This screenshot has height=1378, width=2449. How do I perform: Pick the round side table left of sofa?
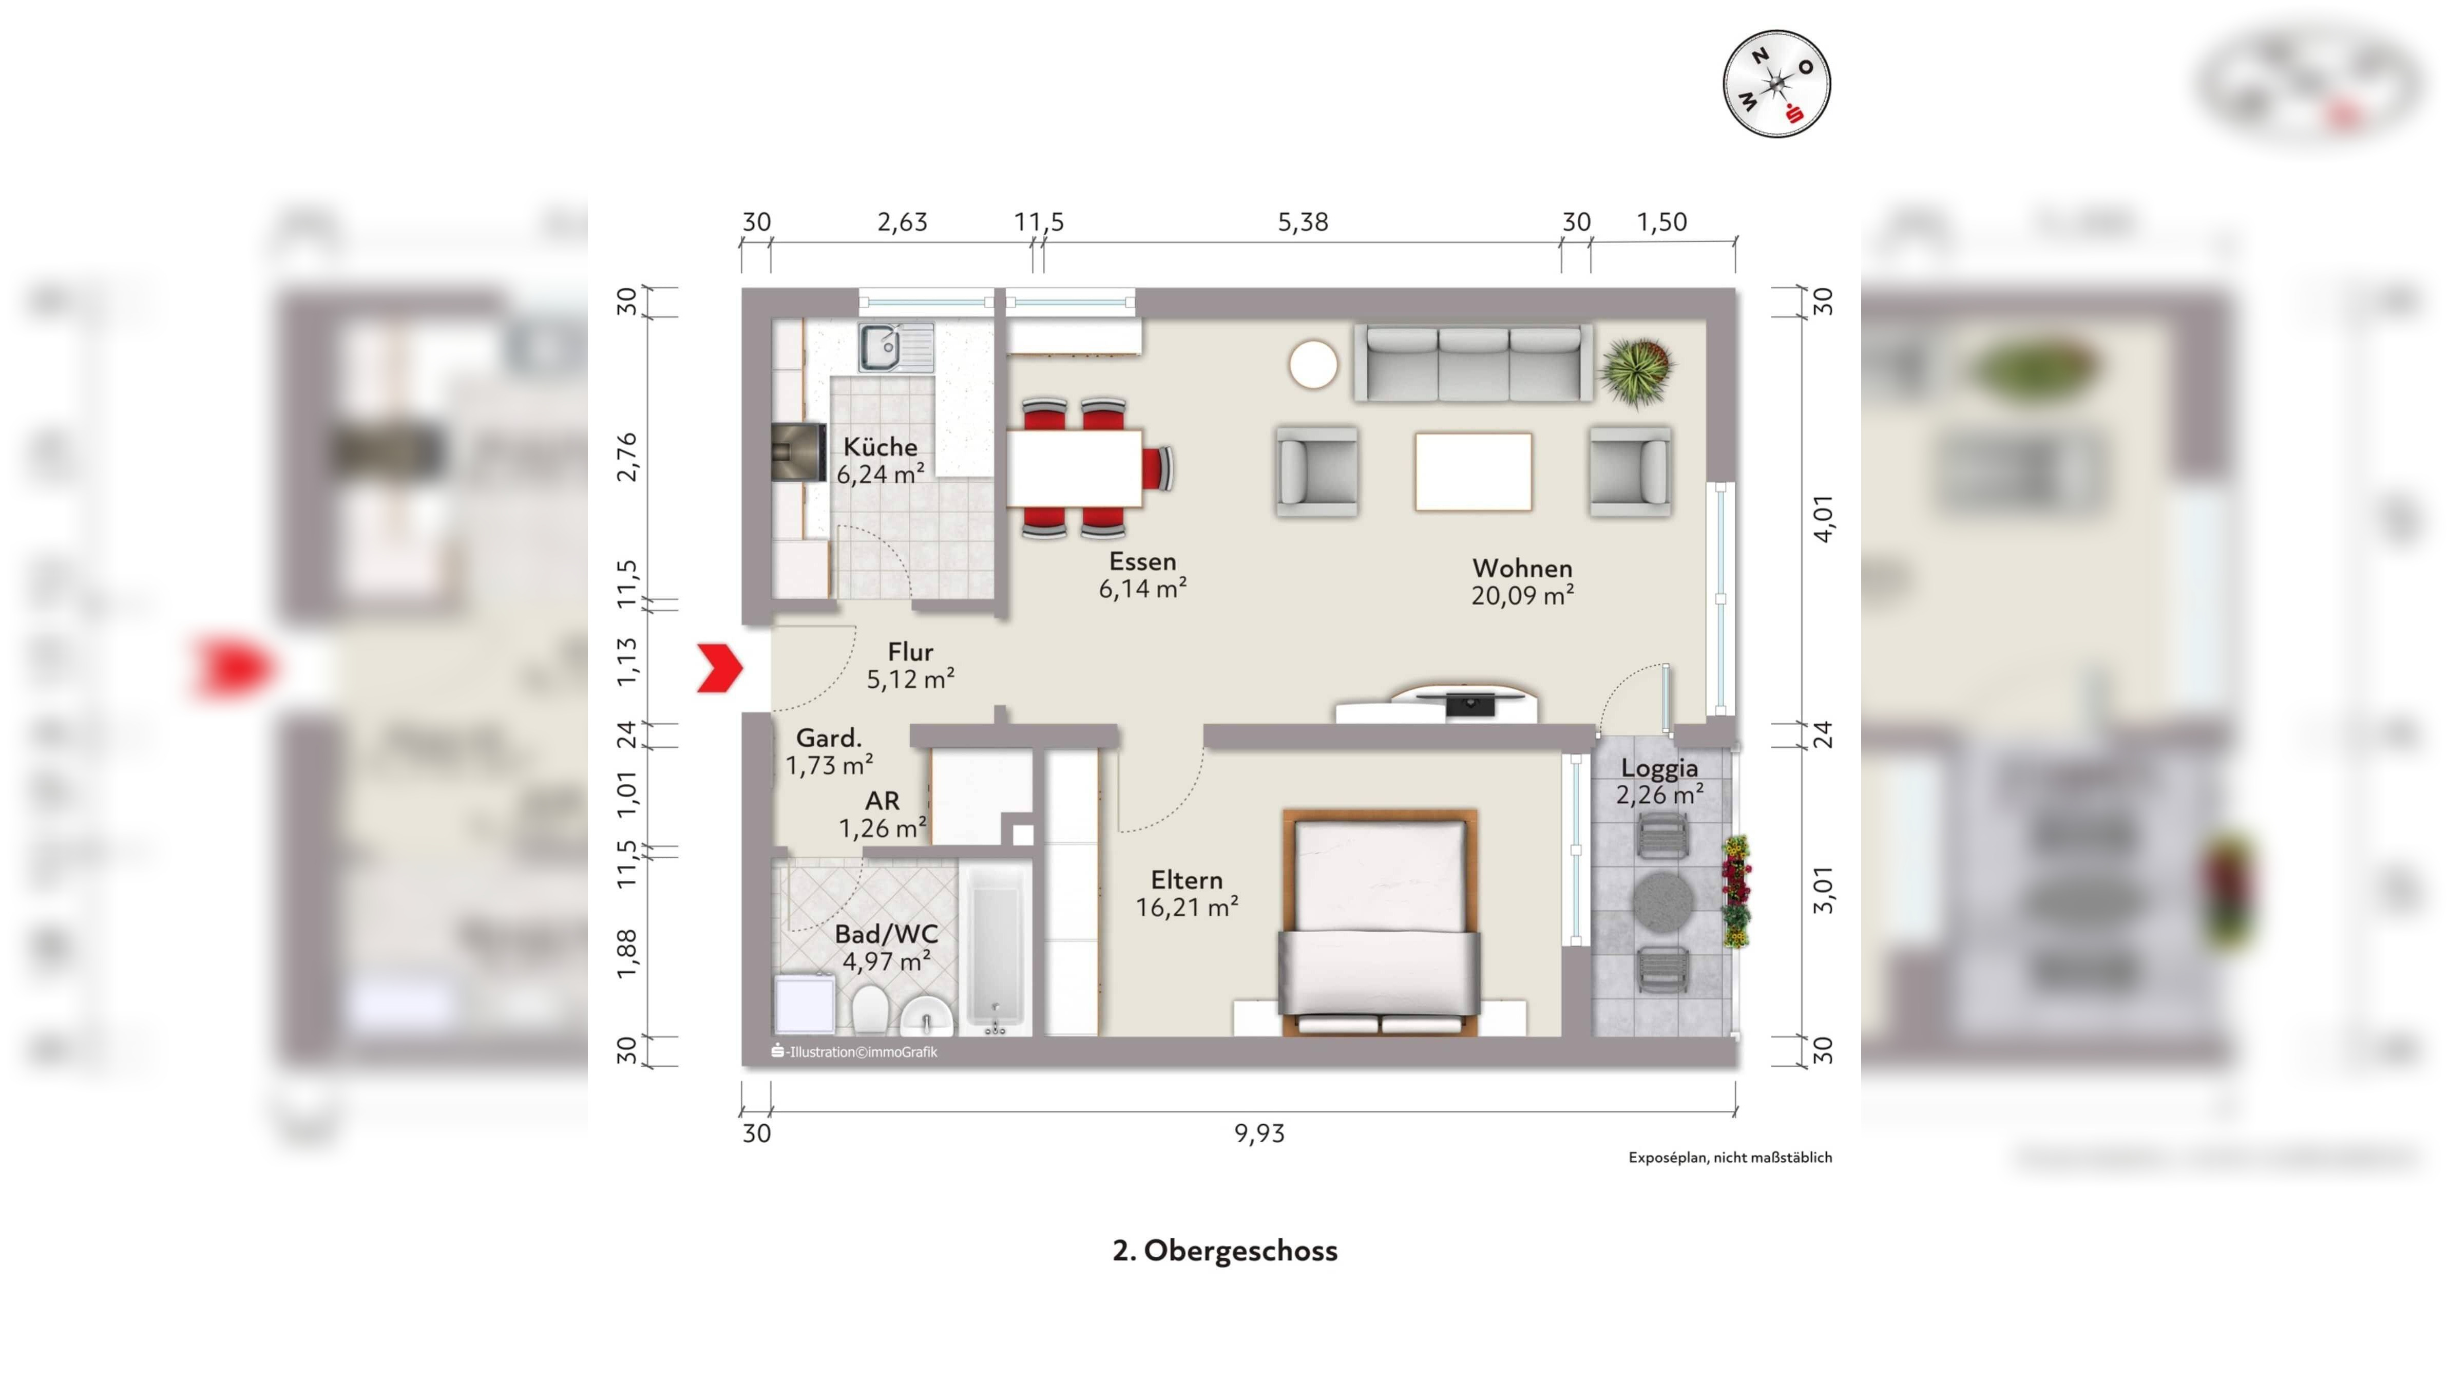(x=1313, y=364)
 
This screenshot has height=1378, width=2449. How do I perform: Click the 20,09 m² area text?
(x=1522, y=595)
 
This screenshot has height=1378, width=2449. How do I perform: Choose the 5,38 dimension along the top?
(x=1303, y=221)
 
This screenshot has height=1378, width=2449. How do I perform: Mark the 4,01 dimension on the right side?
(x=1824, y=519)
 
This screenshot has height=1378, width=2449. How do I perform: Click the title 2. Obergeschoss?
(x=1224, y=1251)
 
